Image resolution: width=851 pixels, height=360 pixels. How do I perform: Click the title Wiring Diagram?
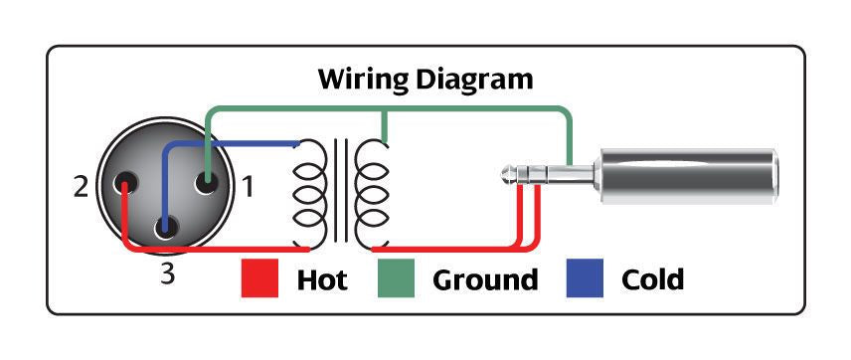point(425,79)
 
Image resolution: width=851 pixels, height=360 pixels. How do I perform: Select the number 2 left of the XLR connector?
point(81,186)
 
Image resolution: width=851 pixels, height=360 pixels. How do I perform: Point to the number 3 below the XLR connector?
point(169,274)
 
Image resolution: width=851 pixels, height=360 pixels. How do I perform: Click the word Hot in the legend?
point(322,280)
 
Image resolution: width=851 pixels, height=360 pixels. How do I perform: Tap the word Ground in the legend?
point(485,280)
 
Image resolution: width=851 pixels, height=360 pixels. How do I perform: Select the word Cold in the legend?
point(652,280)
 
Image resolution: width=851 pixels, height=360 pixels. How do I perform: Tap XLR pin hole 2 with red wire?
point(125,183)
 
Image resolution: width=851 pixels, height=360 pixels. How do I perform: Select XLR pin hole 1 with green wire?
point(207,183)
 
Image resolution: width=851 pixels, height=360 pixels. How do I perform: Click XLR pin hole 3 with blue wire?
point(166,226)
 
